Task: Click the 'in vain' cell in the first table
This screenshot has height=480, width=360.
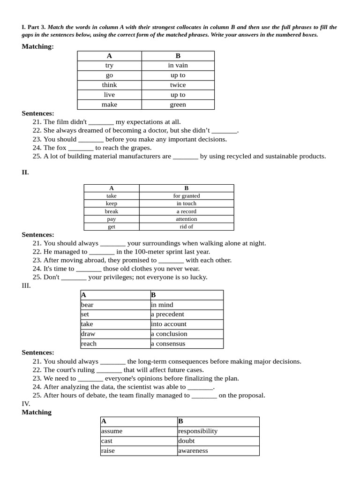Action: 178,66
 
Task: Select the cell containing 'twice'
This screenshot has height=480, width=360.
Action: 178,85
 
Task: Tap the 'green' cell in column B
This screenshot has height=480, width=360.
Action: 178,105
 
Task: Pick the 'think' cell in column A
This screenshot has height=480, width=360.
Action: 109,85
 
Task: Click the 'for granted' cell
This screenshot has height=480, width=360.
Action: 186,196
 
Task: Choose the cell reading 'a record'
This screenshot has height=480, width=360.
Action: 186,211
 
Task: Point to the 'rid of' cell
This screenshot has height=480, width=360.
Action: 186,227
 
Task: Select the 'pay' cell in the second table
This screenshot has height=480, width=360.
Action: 112,219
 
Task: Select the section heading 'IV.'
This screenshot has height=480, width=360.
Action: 26,404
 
